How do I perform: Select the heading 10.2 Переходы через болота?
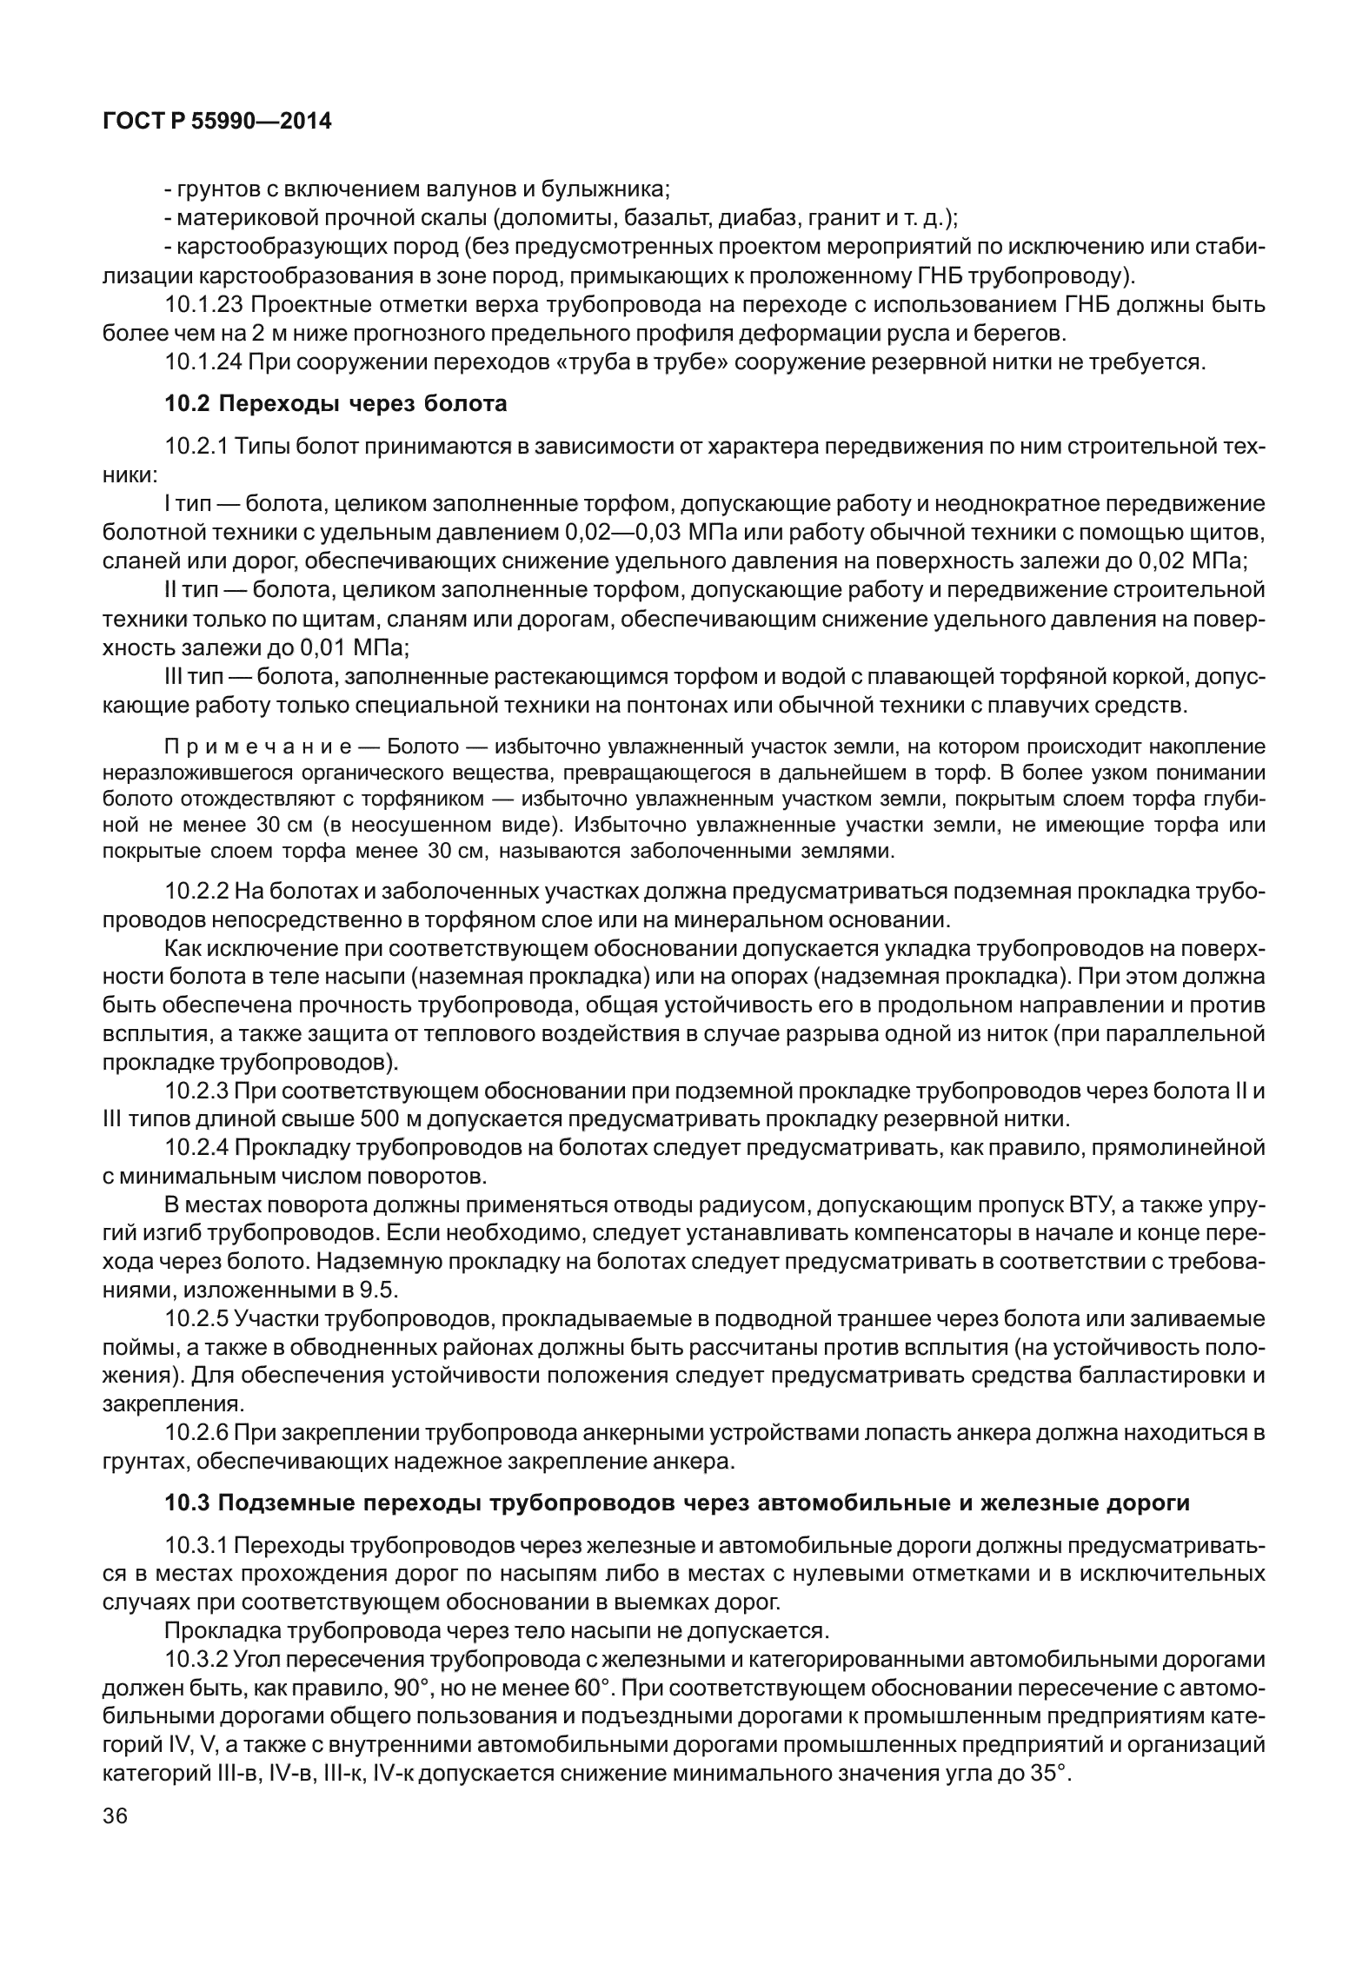[336, 403]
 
